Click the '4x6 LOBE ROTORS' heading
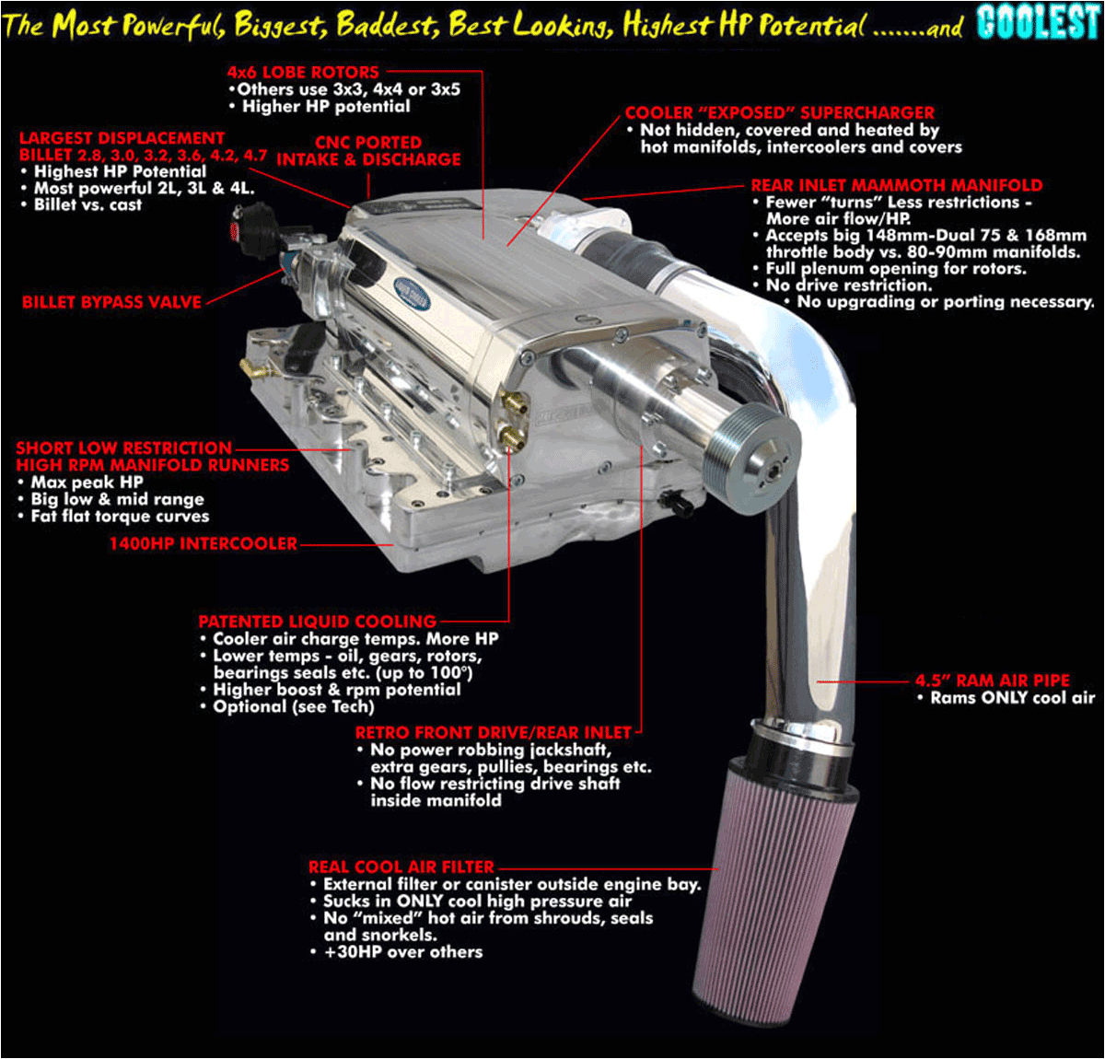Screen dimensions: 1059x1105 tap(303, 72)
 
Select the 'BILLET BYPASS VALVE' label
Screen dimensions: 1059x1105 tap(111, 302)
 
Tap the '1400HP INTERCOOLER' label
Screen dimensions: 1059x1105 tap(204, 543)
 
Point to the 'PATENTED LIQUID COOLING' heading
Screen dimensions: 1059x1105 tap(318, 622)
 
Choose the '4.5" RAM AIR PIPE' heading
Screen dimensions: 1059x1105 tap(992, 681)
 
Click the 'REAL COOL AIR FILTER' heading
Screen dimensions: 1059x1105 tap(401, 867)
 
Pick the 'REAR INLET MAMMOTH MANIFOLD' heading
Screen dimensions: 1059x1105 tap(897, 185)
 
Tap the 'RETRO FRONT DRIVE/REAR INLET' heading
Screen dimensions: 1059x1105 tap(494, 732)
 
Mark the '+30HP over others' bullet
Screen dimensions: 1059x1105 tap(403, 951)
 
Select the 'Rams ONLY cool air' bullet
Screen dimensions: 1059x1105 tap(1012, 698)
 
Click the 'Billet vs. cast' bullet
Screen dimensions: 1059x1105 tap(87, 204)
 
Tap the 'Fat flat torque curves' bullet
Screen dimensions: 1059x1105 tap(120, 516)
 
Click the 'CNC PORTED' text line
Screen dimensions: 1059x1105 tap(368, 143)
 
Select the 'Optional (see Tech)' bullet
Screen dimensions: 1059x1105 tap(293, 706)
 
